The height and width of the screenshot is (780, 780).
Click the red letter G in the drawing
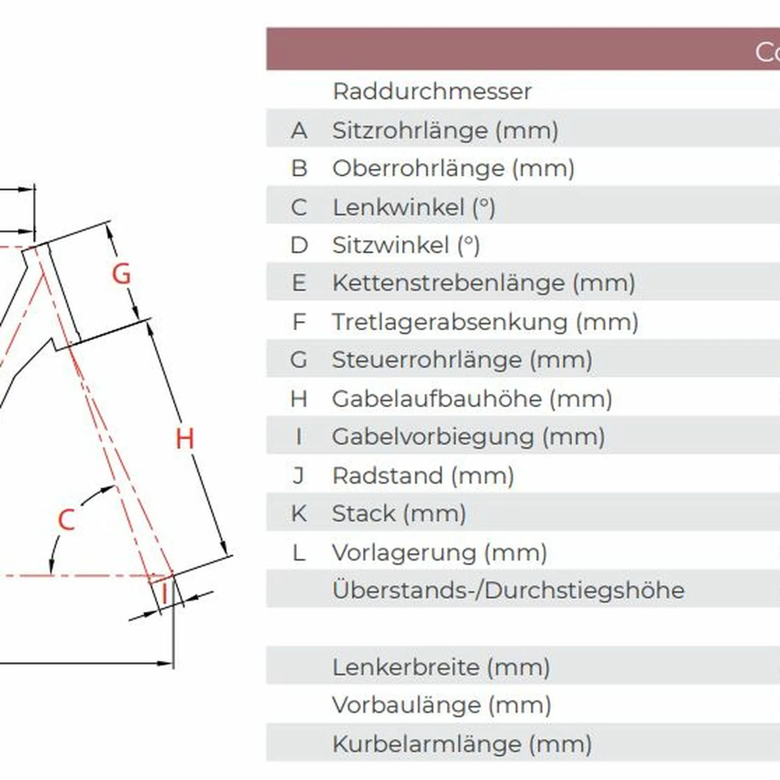122,274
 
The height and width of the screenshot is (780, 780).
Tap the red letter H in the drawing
185,439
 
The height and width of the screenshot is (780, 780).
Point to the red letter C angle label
66,520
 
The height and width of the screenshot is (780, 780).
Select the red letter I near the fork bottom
165,592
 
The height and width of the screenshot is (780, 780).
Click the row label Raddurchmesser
432,91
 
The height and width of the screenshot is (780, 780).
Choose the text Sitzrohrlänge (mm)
445,130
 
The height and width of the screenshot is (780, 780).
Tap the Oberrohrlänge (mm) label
453,169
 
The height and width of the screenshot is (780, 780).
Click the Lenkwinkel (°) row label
414,207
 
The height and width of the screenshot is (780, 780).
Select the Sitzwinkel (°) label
406,245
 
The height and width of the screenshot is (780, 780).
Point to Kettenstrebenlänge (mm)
483,283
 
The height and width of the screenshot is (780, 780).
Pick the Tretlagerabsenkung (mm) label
484,322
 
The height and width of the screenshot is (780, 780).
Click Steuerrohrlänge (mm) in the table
462,360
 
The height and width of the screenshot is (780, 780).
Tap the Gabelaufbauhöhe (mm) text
472,399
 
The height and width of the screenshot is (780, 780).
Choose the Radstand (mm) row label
423,475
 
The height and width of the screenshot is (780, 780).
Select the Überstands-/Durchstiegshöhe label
508,590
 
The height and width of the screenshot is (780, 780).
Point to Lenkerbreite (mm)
441,667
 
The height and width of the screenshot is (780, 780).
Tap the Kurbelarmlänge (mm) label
462,744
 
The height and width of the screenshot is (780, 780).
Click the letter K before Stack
299,514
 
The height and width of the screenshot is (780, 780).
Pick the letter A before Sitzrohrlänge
299,130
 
